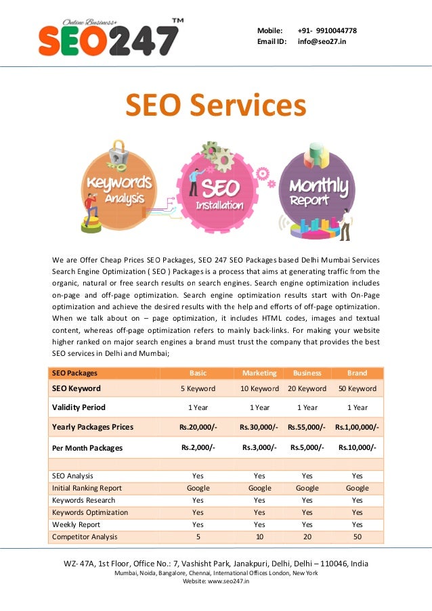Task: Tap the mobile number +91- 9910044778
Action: tap(327, 30)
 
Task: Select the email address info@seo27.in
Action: tap(322, 41)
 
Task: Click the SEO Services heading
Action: tap(215, 106)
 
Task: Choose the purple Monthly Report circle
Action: tap(317, 190)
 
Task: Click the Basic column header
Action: tap(198, 373)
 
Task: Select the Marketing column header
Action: tap(259, 373)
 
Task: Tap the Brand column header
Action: tap(357, 373)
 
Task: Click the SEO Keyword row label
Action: tap(77, 388)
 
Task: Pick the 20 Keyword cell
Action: tap(307, 388)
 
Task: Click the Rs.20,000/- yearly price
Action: tap(198, 427)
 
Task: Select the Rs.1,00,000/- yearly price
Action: tap(357, 427)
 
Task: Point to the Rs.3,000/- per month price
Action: tap(259, 447)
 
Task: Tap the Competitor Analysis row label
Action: tap(85, 537)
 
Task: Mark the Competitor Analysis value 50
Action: tap(357, 537)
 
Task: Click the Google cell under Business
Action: tap(307, 488)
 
